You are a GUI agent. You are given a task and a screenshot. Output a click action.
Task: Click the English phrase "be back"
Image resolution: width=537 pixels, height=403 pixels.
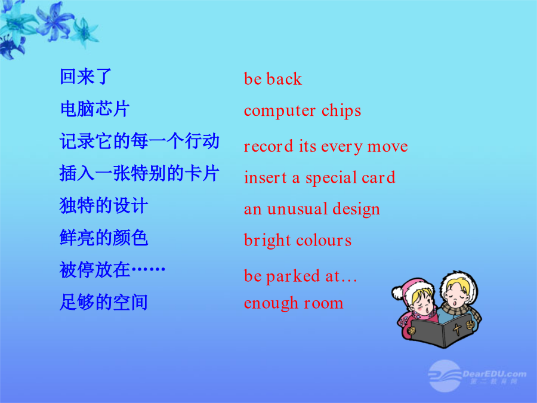(x=273, y=79)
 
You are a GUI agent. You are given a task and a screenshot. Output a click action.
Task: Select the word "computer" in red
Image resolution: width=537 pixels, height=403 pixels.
(x=280, y=111)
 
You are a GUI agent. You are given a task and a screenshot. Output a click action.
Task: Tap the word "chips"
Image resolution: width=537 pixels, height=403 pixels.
(x=341, y=110)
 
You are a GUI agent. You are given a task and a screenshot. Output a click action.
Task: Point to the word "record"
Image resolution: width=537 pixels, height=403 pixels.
(x=268, y=146)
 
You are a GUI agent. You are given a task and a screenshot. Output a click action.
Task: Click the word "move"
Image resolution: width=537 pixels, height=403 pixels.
(x=387, y=147)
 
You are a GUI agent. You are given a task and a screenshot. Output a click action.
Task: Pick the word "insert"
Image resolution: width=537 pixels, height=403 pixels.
(x=266, y=177)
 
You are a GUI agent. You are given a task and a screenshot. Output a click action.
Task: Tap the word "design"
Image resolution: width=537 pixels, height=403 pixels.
(x=356, y=210)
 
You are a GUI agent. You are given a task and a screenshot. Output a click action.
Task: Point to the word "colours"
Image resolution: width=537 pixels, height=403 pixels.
(x=323, y=240)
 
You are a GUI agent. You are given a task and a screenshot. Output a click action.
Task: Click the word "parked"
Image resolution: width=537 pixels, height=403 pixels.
(x=293, y=276)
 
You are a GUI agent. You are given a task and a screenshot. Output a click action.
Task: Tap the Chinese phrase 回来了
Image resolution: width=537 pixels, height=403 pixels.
(x=85, y=76)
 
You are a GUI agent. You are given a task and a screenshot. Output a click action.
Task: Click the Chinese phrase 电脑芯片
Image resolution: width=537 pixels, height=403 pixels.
(x=95, y=109)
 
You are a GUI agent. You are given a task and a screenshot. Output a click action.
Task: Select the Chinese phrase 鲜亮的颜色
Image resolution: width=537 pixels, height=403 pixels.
(x=104, y=238)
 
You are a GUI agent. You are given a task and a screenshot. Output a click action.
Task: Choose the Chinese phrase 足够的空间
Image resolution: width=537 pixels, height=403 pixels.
(x=104, y=302)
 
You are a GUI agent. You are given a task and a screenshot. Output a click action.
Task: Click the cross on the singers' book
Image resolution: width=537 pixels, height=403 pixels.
(x=457, y=329)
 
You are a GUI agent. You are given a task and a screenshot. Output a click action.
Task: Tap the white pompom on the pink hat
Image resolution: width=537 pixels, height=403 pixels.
(x=397, y=293)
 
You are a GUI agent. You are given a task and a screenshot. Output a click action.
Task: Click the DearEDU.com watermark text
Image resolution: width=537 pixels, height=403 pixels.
(x=495, y=374)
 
